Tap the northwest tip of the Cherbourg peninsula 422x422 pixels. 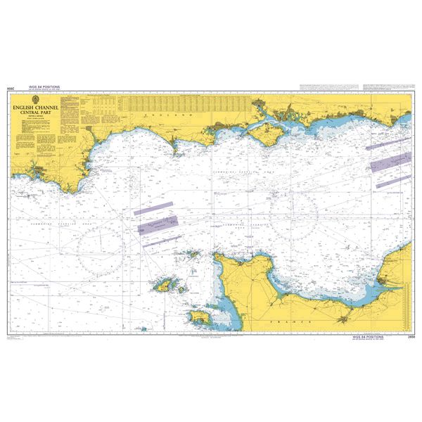pos(217,257)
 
